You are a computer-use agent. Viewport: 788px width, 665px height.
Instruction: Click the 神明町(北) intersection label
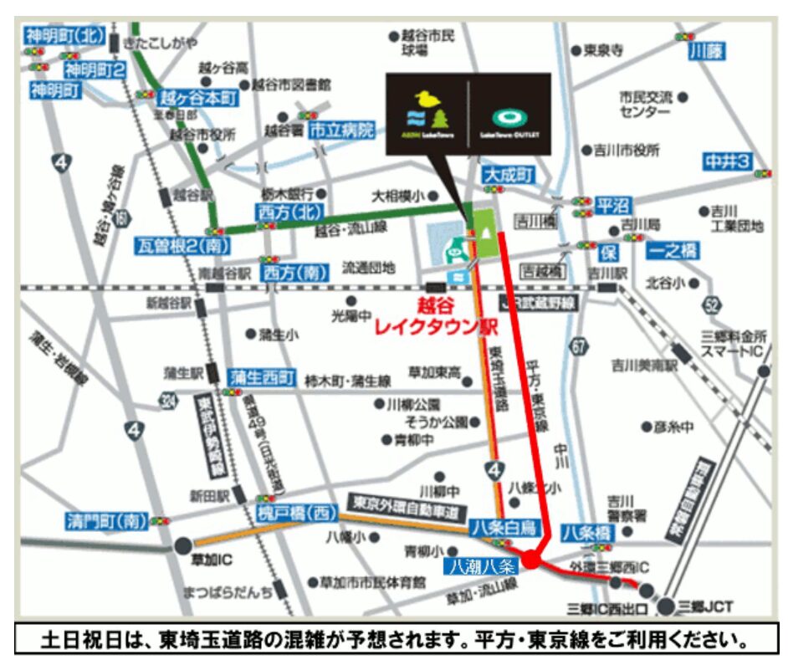(x=64, y=36)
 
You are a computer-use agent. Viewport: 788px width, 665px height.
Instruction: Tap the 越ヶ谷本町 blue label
(x=198, y=98)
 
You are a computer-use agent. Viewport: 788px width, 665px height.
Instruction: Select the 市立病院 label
(x=341, y=130)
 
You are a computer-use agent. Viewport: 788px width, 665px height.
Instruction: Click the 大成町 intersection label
(x=508, y=176)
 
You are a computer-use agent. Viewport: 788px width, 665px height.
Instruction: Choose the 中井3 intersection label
(x=726, y=161)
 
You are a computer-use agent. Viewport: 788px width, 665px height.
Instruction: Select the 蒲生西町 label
(x=262, y=378)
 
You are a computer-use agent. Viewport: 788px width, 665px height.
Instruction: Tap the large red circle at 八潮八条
(x=532, y=559)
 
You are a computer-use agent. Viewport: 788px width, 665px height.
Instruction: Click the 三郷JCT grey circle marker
(x=666, y=606)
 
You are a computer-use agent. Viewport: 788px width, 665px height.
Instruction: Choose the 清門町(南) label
(x=105, y=522)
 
